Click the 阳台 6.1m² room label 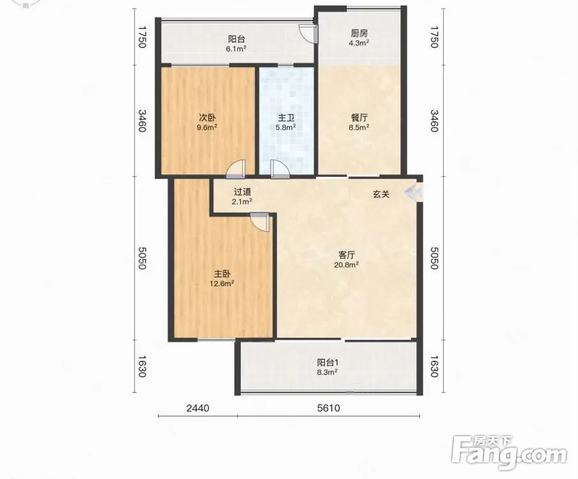pyautogui.click(x=237, y=43)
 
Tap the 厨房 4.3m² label pyautogui.click(x=359, y=38)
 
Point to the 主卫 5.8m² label pyautogui.click(x=286, y=123)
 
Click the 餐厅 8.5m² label pyautogui.click(x=359, y=123)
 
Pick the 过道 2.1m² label pyautogui.click(x=242, y=197)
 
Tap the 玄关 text pyautogui.click(x=381, y=194)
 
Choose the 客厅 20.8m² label pyautogui.click(x=347, y=259)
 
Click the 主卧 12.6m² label pyautogui.click(x=222, y=278)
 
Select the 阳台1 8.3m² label pyautogui.click(x=328, y=367)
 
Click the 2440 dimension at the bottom pyautogui.click(x=198, y=408)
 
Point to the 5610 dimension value pyautogui.click(x=328, y=408)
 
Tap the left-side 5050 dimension pyautogui.click(x=142, y=258)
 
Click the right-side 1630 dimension pyautogui.click(x=434, y=367)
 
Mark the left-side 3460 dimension pyautogui.click(x=142, y=121)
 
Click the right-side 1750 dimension pyautogui.click(x=434, y=37)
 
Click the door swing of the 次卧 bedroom pyautogui.click(x=236, y=169)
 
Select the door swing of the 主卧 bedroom pyautogui.click(x=260, y=222)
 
